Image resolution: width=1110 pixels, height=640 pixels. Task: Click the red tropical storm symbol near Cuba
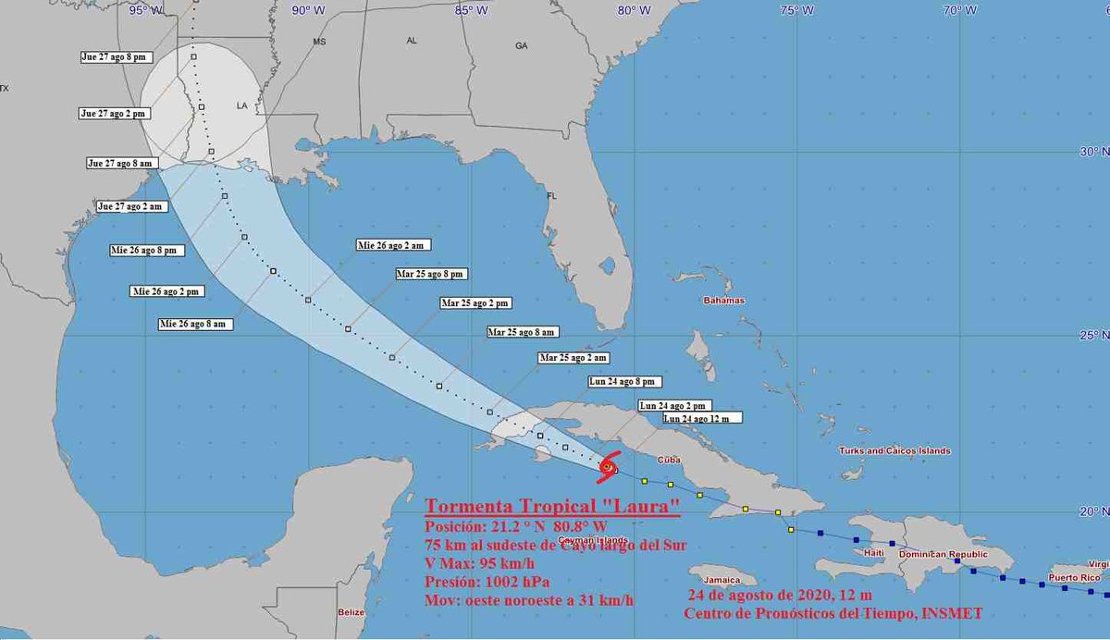pyautogui.click(x=607, y=467)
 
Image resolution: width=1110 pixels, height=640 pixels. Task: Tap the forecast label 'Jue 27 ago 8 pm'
pyautogui.click(x=113, y=56)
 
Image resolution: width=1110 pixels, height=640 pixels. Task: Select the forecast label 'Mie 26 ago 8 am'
pyautogui.click(x=192, y=324)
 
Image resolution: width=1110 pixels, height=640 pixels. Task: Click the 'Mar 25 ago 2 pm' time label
pyautogui.click(x=475, y=302)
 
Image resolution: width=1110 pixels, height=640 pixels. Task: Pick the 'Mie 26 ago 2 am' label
pyautogui.click(x=394, y=245)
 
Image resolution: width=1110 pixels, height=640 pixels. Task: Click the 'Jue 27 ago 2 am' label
pyautogui.click(x=130, y=206)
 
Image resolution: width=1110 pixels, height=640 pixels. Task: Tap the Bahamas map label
pyautogui.click(x=723, y=301)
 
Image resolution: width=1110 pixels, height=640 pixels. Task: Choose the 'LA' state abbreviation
pyautogui.click(x=242, y=105)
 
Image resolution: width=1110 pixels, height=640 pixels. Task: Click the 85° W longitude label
pyautogui.click(x=471, y=10)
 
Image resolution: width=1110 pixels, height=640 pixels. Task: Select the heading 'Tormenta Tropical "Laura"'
pyautogui.click(x=553, y=508)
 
